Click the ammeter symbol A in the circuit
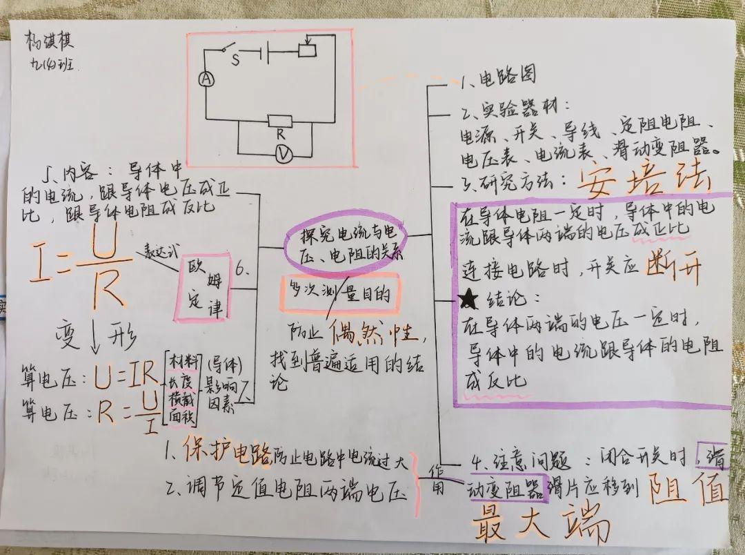click(205, 80)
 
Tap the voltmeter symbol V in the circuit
click(281, 155)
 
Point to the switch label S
click(235, 59)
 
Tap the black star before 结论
click(468, 299)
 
